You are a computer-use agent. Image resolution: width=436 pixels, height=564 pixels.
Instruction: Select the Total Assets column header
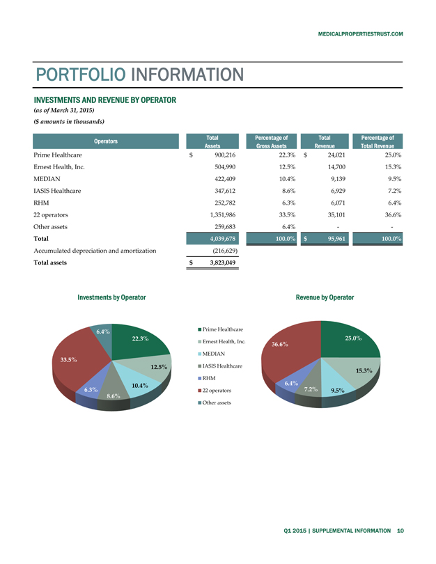213,142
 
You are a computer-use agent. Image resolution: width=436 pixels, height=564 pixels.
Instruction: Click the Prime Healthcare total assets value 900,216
224,155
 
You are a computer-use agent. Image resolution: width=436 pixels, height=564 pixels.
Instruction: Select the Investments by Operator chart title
112,297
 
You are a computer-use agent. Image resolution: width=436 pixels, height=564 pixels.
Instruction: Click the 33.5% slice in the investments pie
73,362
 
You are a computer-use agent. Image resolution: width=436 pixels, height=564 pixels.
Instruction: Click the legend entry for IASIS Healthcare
222,366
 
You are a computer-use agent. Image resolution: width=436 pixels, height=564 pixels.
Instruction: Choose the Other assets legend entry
219,403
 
